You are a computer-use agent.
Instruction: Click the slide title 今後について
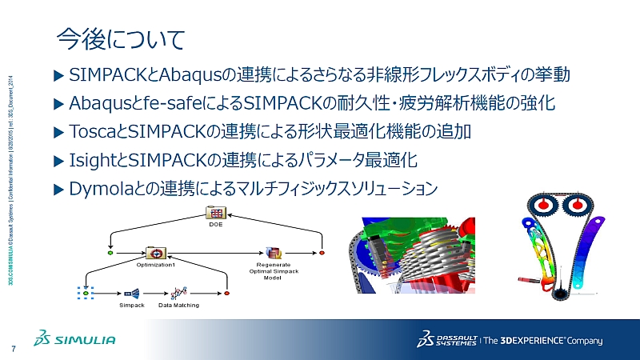tap(121, 38)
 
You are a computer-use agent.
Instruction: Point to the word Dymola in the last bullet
tap(100, 188)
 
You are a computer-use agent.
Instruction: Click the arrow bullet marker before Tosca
tap(57, 131)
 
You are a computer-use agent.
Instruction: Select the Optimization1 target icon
tap(155, 253)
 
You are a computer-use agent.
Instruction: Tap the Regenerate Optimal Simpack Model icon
tap(273, 253)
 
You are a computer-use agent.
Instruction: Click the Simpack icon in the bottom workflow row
tap(132, 293)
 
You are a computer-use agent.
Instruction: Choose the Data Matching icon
tap(179, 293)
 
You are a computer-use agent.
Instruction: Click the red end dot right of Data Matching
tap(227, 294)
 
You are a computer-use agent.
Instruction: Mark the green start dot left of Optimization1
tap(110, 253)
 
